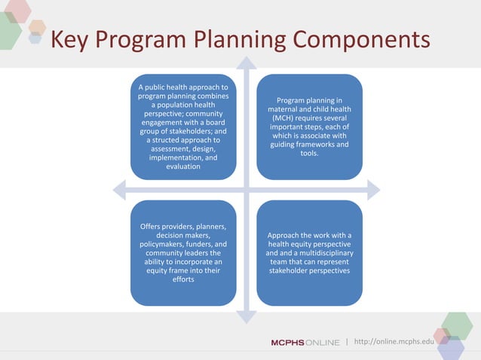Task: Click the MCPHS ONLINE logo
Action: point(305,343)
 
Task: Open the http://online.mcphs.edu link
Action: point(394,343)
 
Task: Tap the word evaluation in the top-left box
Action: point(183,166)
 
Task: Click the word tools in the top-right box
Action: point(309,153)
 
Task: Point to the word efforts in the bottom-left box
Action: point(183,279)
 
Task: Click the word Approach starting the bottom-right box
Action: point(285,235)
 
